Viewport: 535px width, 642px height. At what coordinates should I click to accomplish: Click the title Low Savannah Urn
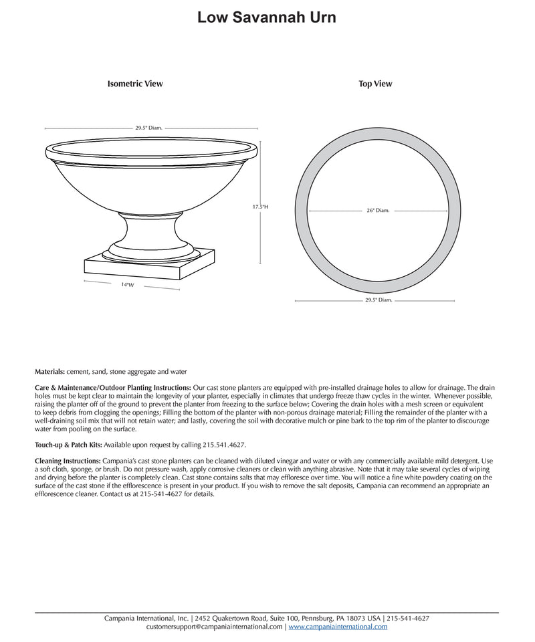(267, 18)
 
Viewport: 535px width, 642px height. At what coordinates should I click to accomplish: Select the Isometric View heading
(135, 84)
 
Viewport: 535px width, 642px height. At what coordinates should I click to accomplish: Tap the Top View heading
(375, 84)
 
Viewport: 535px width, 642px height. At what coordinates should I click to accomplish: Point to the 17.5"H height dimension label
(260, 207)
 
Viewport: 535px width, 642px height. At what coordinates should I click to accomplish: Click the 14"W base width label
(128, 285)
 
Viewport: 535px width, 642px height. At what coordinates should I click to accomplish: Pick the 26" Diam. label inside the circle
(378, 211)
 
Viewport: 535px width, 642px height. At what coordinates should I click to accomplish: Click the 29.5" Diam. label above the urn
(148, 128)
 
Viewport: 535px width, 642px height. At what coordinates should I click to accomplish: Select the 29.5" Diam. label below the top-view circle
(378, 301)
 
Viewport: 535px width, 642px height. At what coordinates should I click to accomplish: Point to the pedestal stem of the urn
(149, 231)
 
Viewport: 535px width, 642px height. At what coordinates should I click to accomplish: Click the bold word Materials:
(49, 371)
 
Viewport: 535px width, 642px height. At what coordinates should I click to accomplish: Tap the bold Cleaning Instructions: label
(68, 461)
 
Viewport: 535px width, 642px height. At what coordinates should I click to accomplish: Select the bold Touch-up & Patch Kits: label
(68, 444)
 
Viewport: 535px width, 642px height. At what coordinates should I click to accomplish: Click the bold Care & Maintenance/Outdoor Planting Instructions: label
(112, 388)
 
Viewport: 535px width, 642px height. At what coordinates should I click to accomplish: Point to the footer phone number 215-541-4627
(407, 619)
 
